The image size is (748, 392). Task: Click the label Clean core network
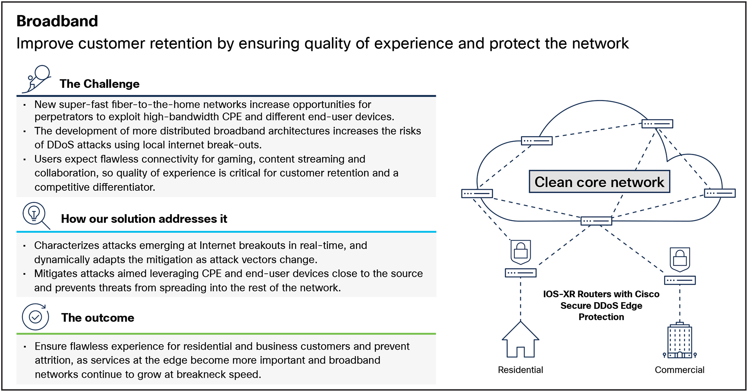click(599, 182)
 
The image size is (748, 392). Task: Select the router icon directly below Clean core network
click(596, 221)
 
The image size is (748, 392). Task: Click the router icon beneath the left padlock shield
click(521, 273)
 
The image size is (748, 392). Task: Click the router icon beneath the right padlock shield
click(680, 280)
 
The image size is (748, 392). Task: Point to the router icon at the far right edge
click(719, 193)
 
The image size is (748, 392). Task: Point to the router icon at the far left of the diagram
click(477, 193)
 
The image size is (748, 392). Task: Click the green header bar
click(308, 325)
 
